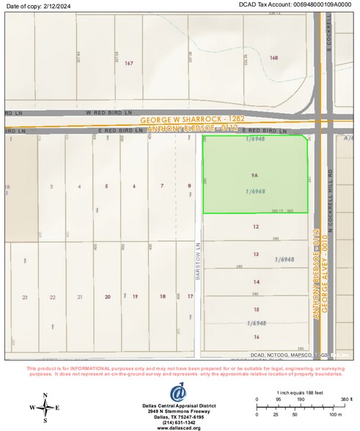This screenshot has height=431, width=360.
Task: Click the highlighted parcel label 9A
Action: [254, 176]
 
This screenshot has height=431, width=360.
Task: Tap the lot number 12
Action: [256, 226]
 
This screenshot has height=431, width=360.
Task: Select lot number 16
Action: [257, 336]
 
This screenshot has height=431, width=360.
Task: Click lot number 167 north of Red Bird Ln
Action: [129, 64]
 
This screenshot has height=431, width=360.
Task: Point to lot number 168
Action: [274, 57]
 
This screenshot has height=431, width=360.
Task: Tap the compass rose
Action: [45, 408]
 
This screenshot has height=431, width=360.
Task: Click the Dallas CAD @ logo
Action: [178, 393]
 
